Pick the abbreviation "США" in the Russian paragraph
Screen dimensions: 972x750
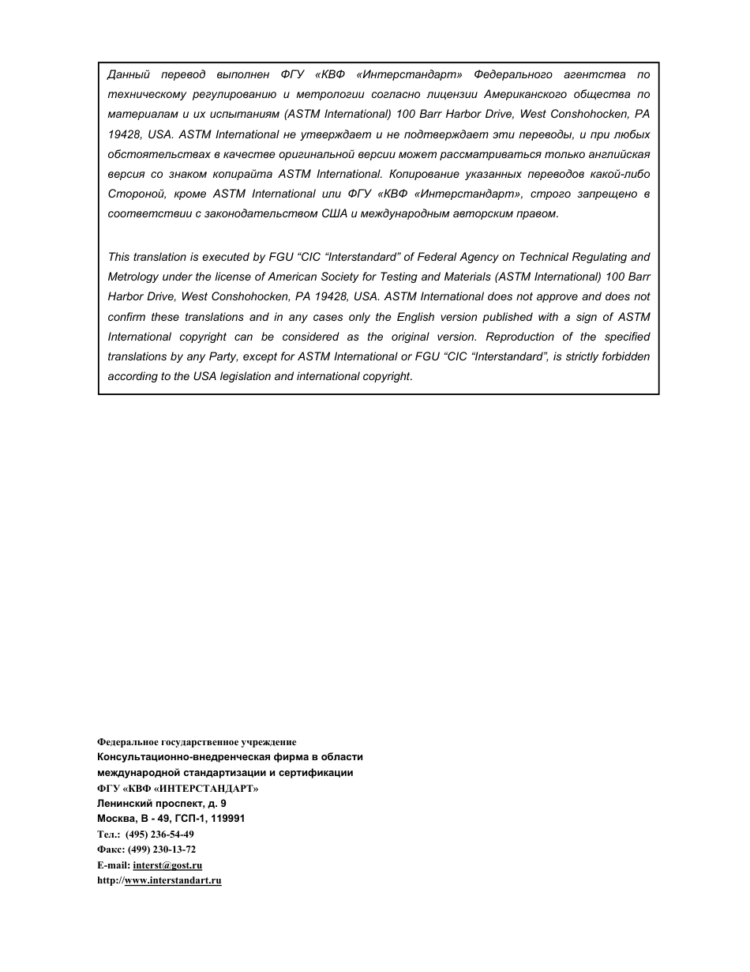[334, 213]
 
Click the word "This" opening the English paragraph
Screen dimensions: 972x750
[119, 257]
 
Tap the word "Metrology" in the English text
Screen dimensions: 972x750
[133, 277]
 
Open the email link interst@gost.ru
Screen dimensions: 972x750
[167, 865]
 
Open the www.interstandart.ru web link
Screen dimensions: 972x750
[173, 880]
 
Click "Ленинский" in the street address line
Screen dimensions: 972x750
[122, 804]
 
